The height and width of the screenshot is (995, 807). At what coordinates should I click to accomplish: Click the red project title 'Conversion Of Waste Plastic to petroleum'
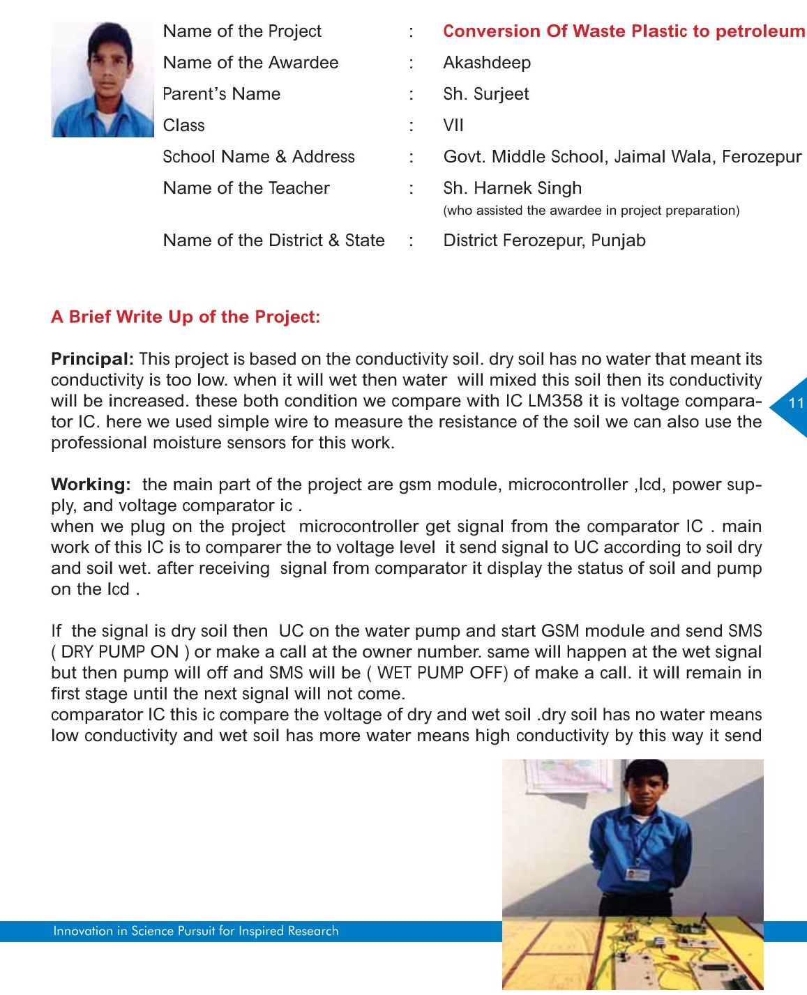(x=624, y=31)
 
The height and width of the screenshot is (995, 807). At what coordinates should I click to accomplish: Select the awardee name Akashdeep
(x=487, y=63)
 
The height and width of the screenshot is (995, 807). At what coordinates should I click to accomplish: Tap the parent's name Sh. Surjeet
(x=486, y=94)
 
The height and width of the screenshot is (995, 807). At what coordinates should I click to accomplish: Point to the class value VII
(x=453, y=126)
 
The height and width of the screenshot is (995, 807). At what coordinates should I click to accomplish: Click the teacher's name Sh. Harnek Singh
(x=513, y=188)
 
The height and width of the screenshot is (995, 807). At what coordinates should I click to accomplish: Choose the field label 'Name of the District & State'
(x=273, y=241)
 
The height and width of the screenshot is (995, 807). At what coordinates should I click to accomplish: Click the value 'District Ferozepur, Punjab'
(x=544, y=241)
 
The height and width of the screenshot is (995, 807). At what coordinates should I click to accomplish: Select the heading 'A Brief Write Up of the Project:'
(x=186, y=317)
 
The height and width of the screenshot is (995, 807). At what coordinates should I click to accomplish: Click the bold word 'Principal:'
(x=92, y=359)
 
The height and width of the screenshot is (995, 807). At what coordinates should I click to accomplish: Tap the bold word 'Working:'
(x=91, y=485)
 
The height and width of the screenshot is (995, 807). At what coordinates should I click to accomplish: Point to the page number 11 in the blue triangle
(x=796, y=403)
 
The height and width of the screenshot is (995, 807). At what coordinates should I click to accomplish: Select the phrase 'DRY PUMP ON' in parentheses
(x=120, y=652)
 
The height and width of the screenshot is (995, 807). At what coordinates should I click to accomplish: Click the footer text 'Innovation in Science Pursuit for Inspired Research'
(x=196, y=931)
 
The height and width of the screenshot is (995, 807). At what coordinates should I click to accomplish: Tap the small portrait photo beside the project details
(x=103, y=79)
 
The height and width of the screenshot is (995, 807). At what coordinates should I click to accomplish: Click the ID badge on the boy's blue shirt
(x=638, y=874)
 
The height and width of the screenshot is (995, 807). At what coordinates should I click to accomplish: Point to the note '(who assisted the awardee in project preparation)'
(x=591, y=211)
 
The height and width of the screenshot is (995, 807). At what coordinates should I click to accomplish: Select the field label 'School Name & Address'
(x=259, y=157)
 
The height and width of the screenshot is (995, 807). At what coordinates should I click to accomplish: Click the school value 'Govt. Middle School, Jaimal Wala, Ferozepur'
(x=622, y=157)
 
